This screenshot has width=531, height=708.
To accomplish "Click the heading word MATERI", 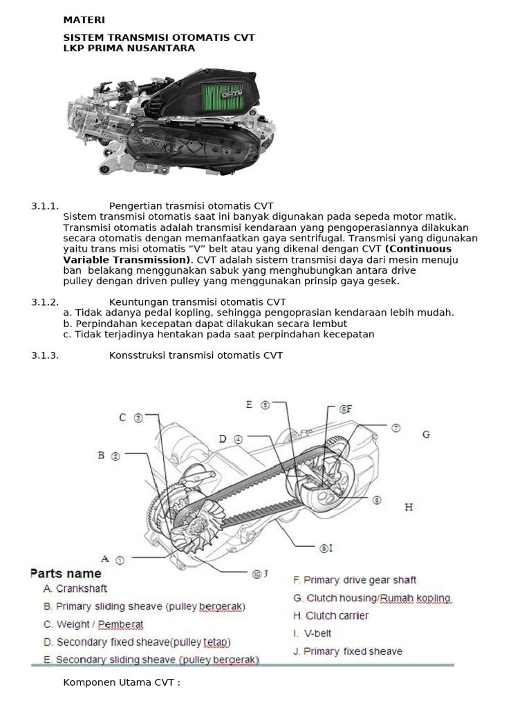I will point(84,20).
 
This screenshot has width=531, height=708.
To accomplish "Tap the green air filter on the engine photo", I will point(219,100).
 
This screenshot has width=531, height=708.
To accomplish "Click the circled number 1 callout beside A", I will point(120,560).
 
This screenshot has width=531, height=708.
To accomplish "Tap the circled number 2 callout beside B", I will point(115,456).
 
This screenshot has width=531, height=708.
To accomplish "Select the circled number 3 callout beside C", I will point(138,418).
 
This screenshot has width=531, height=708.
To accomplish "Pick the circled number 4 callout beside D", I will point(238,439).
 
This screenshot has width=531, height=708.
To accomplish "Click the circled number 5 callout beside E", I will point(265,405).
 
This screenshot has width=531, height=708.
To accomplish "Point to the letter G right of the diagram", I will point(426,435).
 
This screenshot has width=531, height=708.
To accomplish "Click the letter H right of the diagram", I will point(409,507).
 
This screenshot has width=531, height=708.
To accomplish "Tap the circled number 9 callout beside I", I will point(323,548).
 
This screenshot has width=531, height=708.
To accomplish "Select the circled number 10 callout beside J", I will point(257,573).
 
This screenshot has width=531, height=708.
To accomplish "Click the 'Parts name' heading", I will point(66,574).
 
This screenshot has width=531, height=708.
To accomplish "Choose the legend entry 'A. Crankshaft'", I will point(75,589).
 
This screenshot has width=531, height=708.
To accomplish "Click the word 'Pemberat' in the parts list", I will point(120,624).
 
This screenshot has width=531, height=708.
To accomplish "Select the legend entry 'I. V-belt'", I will point(313,633).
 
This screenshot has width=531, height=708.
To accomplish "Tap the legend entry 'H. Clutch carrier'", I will point(331,615).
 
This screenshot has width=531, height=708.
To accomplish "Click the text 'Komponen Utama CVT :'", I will point(122,683).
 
